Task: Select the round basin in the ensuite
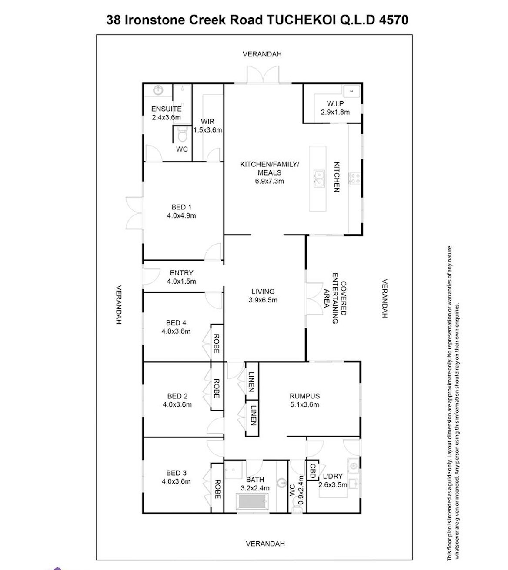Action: pos(158,90)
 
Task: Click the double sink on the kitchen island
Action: pos(319,179)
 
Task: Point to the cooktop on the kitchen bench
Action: pos(354,179)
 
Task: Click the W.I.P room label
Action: pos(335,103)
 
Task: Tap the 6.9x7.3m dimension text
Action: pos(269,181)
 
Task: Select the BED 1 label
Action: pos(181,207)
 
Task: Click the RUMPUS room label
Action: pos(304,396)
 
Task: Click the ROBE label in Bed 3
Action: pos(217,489)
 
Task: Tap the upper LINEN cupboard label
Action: pos(251,382)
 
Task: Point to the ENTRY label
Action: pos(181,273)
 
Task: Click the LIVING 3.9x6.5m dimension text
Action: pos(263,300)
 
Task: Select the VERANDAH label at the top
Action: pos(262,54)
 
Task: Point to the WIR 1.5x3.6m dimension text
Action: pos(207,130)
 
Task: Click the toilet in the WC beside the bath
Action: pos(297,508)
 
